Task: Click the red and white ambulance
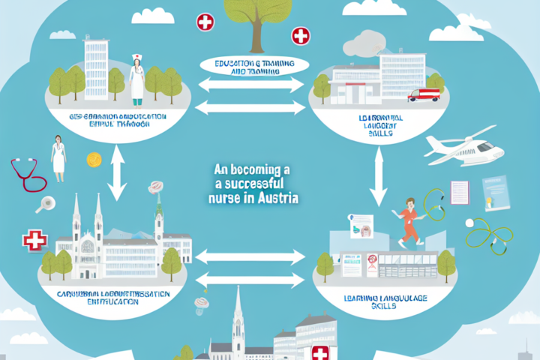click(x=424, y=95)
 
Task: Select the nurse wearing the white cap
click(x=137, y=79)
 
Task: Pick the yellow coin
click(x=94, y=159)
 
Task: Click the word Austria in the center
click(x=280, y=200)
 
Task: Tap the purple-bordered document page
click(x=460, y=190)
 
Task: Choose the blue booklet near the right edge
click(x=496, y=193)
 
